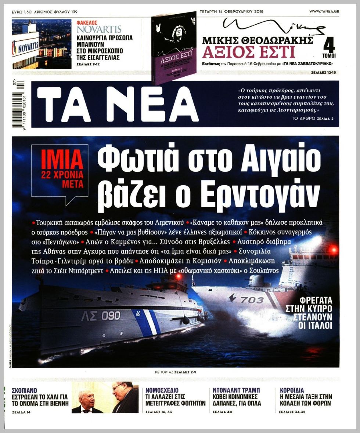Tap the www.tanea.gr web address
324,11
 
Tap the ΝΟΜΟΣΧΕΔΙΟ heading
162,390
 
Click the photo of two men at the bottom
105,397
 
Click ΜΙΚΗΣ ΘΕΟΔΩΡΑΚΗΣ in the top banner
257,40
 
